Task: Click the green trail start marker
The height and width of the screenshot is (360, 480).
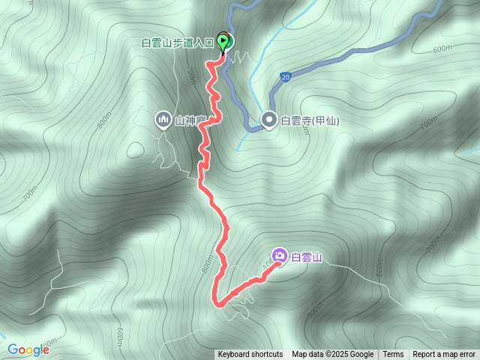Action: tap(223, 40)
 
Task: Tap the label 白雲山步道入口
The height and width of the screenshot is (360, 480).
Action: tap(178, 43)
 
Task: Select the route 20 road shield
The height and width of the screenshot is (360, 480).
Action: tap(285, 76)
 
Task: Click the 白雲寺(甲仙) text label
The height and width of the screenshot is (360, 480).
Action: tap(305, 120)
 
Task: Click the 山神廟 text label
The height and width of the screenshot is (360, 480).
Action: tap(190, 120)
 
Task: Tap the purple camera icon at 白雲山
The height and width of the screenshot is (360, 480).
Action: tap(279, 256)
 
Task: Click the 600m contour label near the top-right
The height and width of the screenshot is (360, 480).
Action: tap(442, 49)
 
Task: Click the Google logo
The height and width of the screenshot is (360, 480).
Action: tap(28, 349)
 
